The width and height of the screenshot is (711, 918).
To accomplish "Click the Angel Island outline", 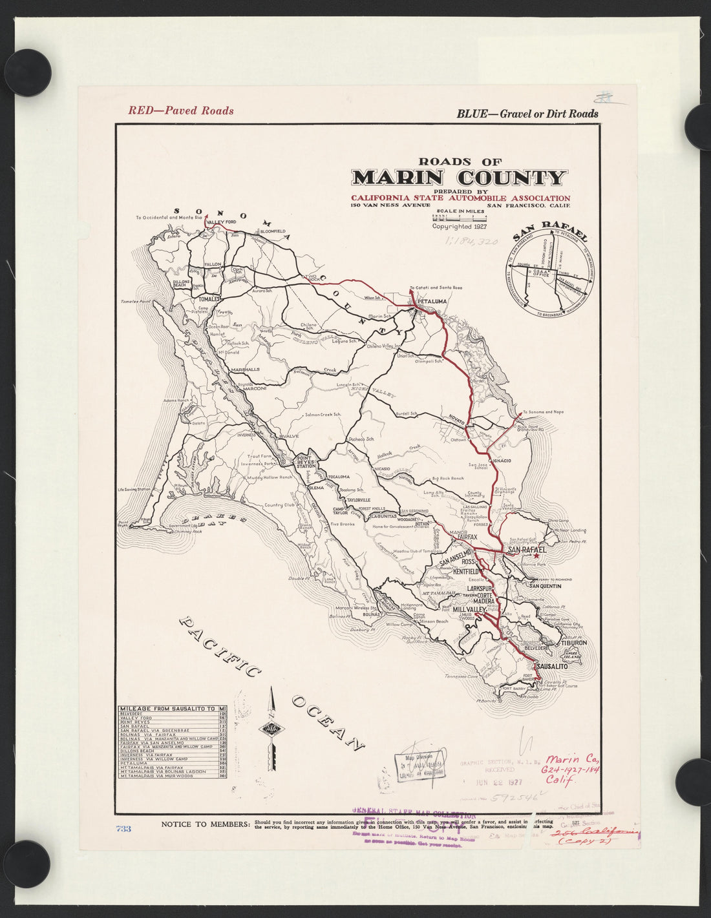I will coord(570,654).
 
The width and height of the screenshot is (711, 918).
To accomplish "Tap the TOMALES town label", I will coord(209,299).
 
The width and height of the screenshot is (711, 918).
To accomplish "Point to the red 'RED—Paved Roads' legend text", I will coord(181,110).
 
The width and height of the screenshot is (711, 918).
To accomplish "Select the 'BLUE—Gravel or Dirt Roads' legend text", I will coord(527,114).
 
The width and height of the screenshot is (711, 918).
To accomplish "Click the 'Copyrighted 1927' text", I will coord(460,227).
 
